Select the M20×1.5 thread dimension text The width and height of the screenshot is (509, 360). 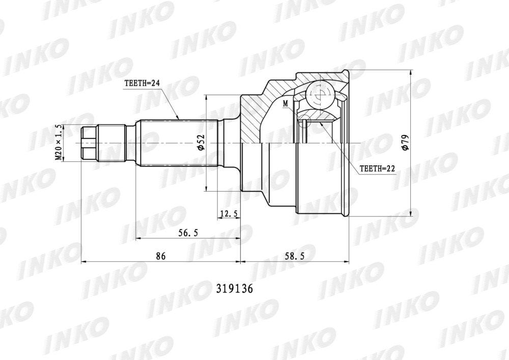[x=59, y=143]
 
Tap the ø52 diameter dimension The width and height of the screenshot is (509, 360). [x=201, y=143]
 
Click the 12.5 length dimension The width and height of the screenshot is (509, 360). [x=229, y=213]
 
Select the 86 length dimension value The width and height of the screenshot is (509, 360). [x=161, y=256]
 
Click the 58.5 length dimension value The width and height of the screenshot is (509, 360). [x=294, y=256]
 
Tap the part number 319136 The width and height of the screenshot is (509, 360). [x=234, y=289]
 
